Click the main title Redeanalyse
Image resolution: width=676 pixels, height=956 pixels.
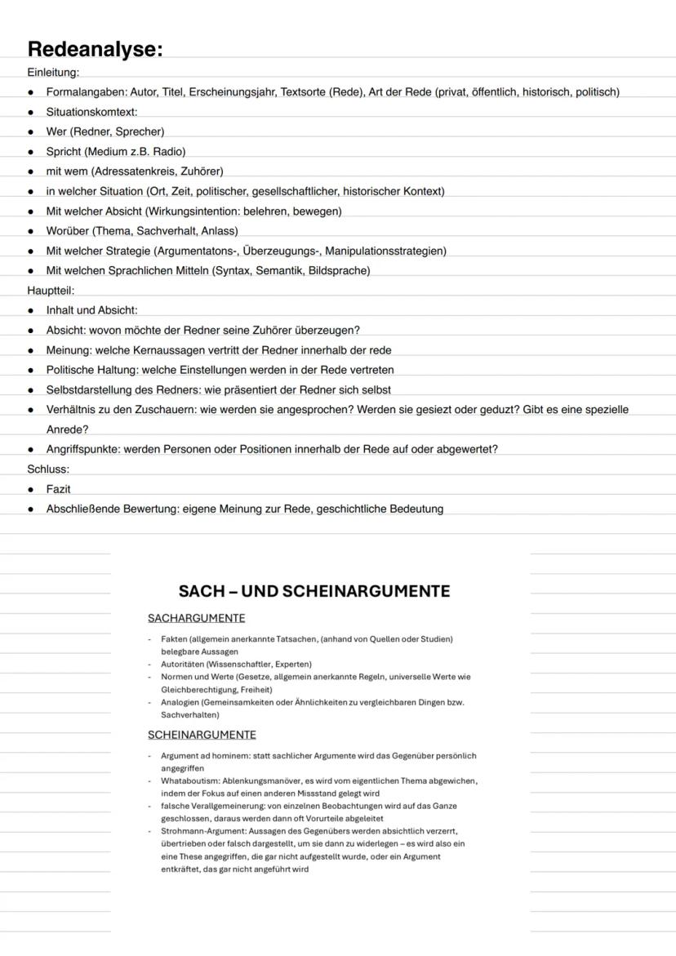click(x=95, y=49)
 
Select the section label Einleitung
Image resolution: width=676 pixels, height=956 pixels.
click(x=52, y=72)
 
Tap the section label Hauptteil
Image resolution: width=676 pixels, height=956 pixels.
click(x=51, y=290)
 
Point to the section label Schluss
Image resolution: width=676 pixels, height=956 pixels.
click(x=48, y=469)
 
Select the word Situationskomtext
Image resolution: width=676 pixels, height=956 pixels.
click(x=91, y=112)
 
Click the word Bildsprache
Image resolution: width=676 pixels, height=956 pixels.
click(x=338, y=270)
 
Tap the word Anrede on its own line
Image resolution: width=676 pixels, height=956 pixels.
click(x=67, y=429)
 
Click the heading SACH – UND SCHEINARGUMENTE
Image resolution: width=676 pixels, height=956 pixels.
click(x=314, y=591)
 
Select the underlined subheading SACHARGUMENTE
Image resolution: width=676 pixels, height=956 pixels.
click(x=196, y=618)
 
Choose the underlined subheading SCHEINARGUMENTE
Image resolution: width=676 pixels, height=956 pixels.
click(x=202, y=735)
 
